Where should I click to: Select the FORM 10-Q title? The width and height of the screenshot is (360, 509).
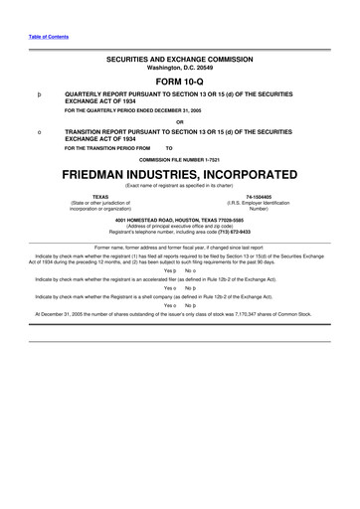click(179, 84)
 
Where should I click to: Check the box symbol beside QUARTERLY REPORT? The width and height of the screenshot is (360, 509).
click(38, 96)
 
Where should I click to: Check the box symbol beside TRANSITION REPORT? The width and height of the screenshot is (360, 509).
click(38, 131)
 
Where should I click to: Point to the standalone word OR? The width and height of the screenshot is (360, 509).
click(179, 122)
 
